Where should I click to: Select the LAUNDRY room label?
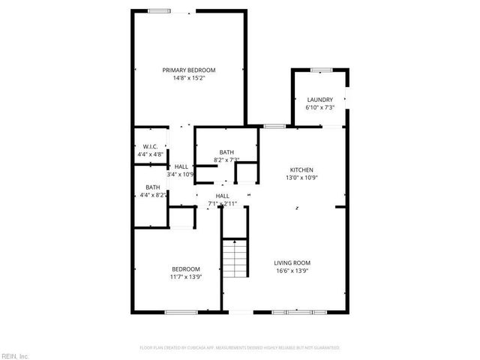pos(319,100)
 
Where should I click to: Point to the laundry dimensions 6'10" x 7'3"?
pos(319,107)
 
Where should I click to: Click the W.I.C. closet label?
pos(150,146)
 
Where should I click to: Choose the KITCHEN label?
pos(302,169)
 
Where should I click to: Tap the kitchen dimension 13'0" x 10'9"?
pos(302,178)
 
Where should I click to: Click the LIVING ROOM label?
pos(292,262)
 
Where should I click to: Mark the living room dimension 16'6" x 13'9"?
pos(292,270)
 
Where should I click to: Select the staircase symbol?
pos(235,259)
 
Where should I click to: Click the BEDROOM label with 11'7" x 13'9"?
pos(186,269)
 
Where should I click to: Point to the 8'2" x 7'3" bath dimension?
pos(226,159)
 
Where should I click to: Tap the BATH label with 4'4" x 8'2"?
pos(152,187)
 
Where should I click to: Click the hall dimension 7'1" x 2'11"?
pos(223,203)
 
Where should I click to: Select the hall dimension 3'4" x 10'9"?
pos(181,175)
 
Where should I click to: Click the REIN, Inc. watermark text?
pos(15,355)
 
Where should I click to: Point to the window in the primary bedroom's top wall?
pos(158,10)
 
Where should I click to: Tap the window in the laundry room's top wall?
pos(321,70)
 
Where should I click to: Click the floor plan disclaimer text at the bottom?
pos(240,348)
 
